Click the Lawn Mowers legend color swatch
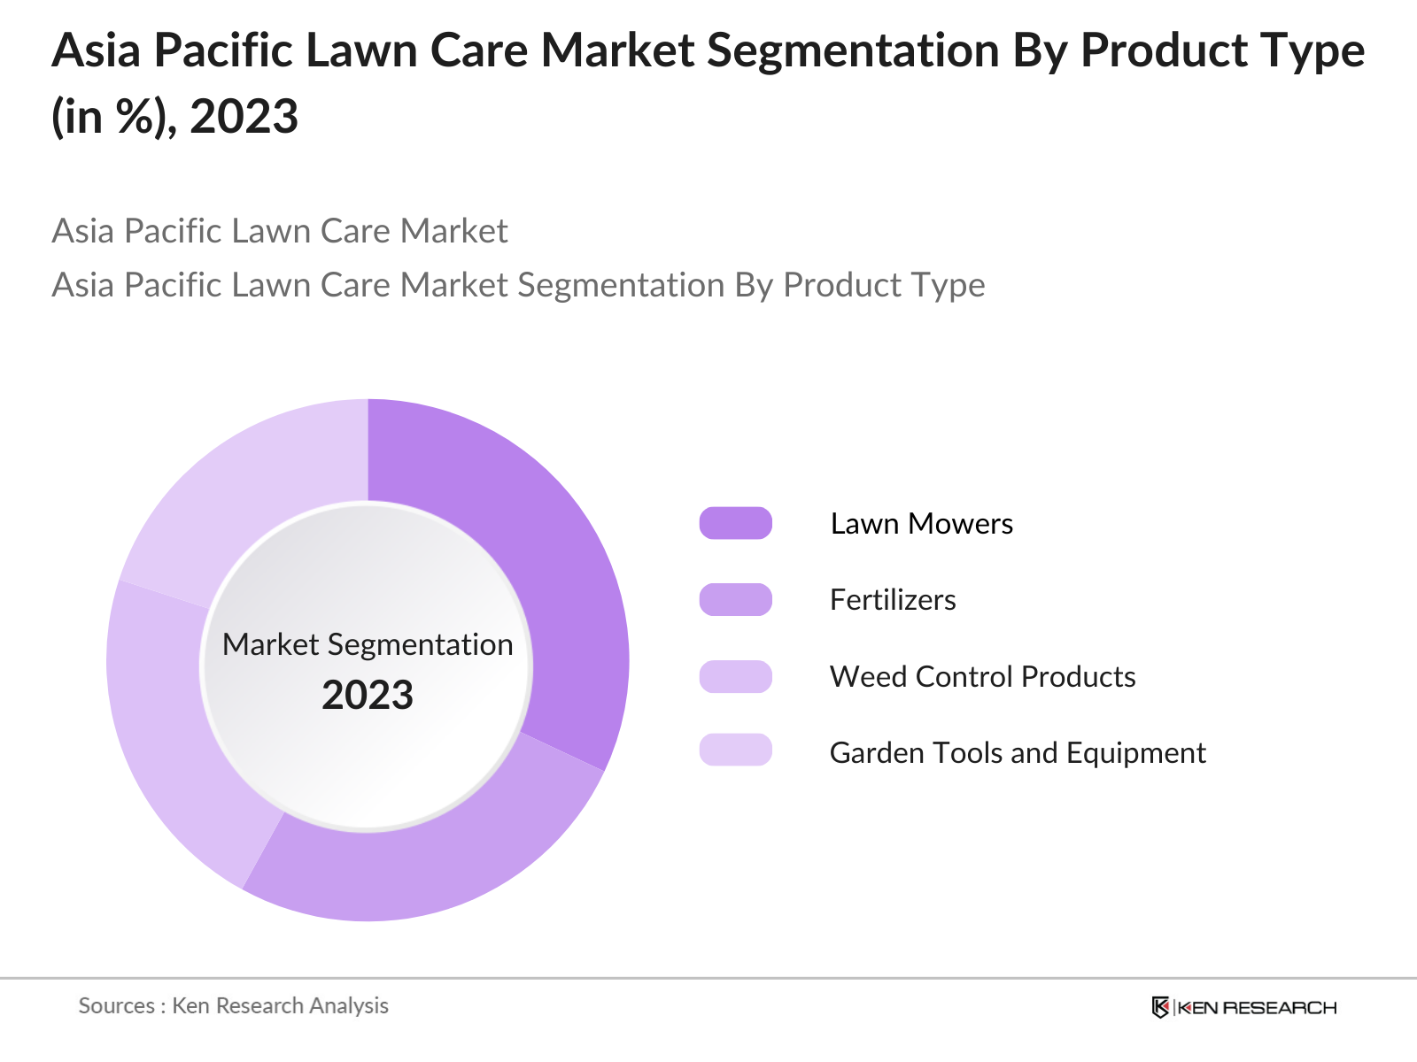pyautogui.click(x=735, y=523)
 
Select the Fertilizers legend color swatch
pyautogui.click(x=735, y=599)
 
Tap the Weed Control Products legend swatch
pyautogui.click(x=735, y=676)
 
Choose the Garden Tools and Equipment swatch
pyautogui.click(x=735, y=750)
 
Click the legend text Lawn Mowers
pyautogui.click(x=921, y=524)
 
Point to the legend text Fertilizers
pyautogui.click(x=893, y=600)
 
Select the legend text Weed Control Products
pyautogui.click(x=982, y=677)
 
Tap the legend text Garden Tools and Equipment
pyautogui.click(x=1018, y=753)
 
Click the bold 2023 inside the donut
pyautogui.click(x=368, y=696)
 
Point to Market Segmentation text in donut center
pyautogui.click(x=368, y=645)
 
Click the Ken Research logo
pyautogui.click(x=1243, y=1007)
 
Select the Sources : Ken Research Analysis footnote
pyautogui.click(x=234, y=1006)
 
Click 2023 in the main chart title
pyautogui.click(x=244, y=117)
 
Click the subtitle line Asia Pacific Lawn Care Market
pyautogui.click(x=280, y=231)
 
